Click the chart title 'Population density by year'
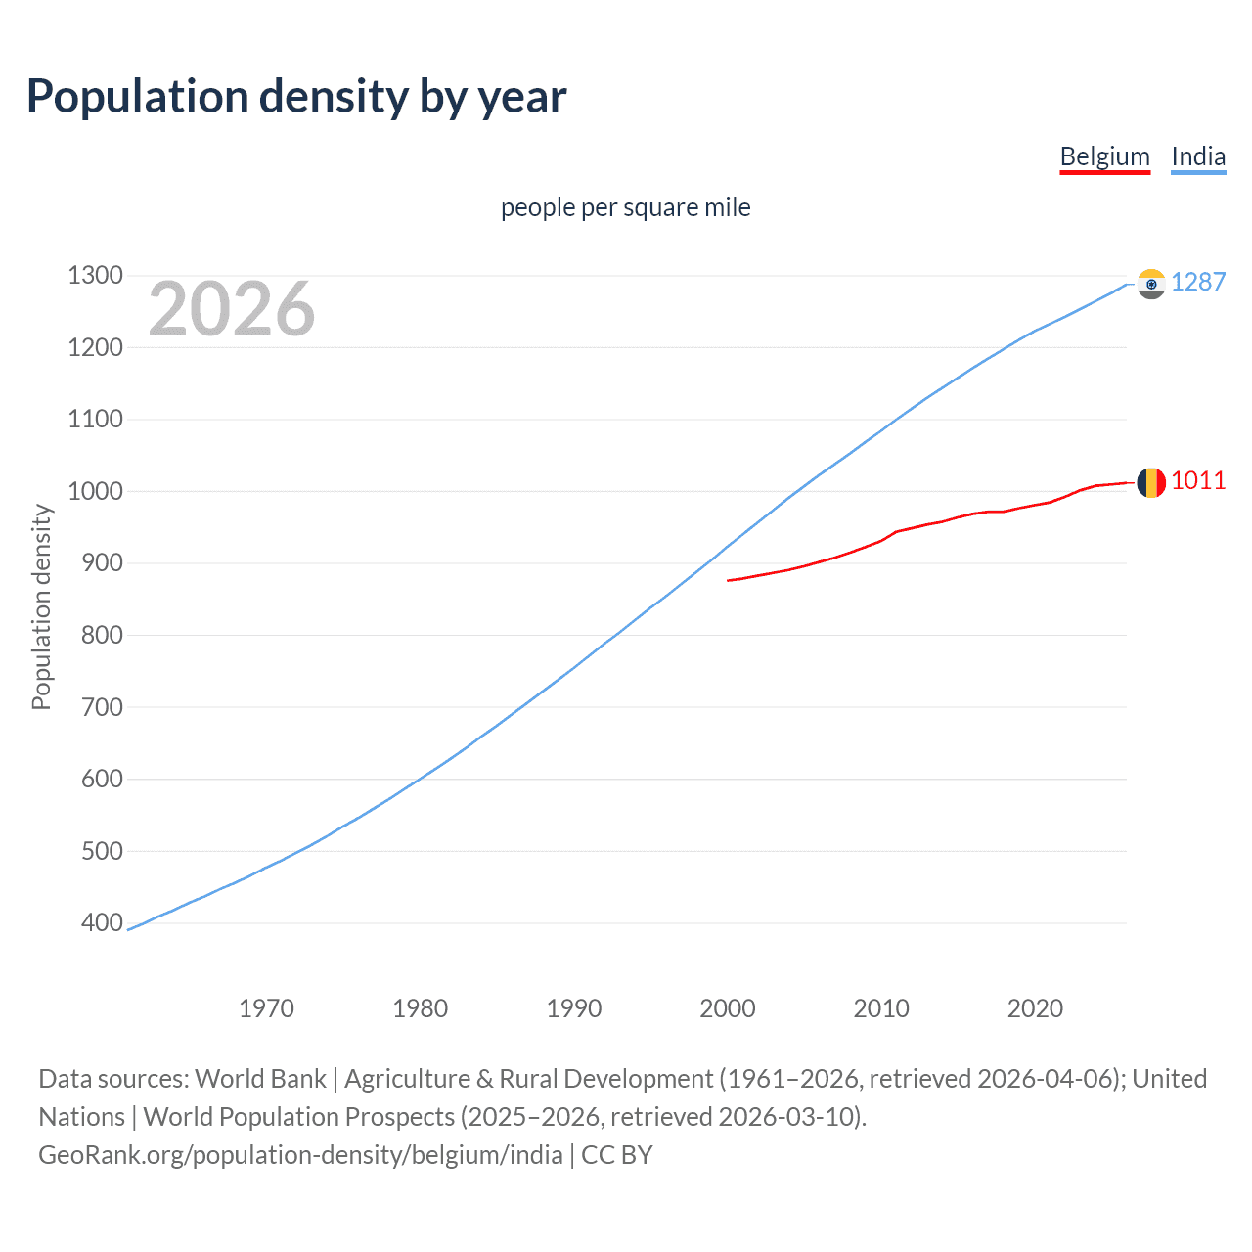(x=296, y=97)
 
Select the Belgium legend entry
(x=1104, y=156)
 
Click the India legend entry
(x=1198, y=156)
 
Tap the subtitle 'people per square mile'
(x=625, y=207)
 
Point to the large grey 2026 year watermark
(x=232, y=309)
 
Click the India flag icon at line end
(x=1151, y=284)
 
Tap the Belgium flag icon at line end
(x=1151, y=482)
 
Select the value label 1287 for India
(x=1198, y=282)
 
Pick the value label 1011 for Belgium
(x=1198, y=480)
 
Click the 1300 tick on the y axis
(x=95, y=275)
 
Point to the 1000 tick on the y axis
(x=95, y=491)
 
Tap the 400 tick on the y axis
(x=95, y=922)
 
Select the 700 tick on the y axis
(x=95, y=706)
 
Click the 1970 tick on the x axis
(x=266, y=1008)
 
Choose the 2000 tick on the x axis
(x=728, y=1008)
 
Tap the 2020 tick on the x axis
(x=1035, y=1008)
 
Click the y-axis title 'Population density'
(x=41, y=606)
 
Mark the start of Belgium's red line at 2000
(x=729, y=580)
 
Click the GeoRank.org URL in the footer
(x=300, y=1155)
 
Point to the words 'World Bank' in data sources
(x=260, y=1079)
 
